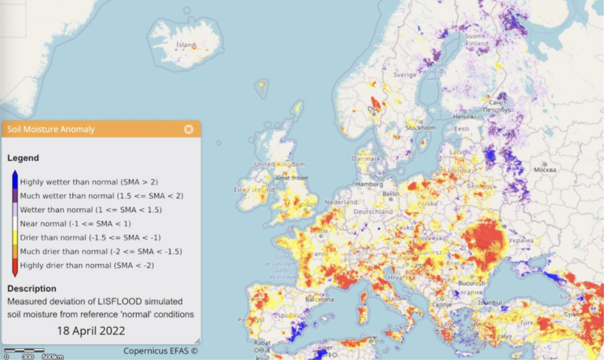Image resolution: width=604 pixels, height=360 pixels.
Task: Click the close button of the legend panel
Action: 189,129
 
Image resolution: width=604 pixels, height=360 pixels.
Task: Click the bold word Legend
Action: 23,158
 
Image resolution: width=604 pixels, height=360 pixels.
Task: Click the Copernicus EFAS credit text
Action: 160,351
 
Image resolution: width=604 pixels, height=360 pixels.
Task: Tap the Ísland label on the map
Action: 186,45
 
